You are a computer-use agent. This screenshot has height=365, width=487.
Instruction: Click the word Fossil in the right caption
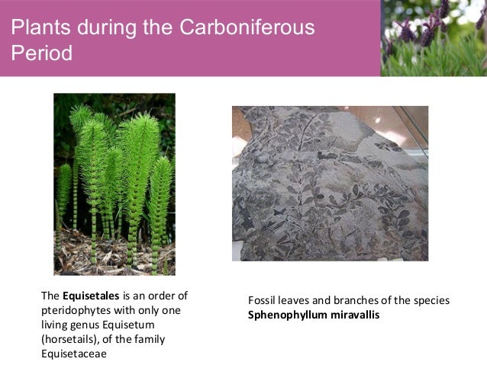[263, 300]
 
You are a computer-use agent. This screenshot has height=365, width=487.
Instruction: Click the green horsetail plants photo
[114, 184]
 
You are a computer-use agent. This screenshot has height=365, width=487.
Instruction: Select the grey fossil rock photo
[330, 183]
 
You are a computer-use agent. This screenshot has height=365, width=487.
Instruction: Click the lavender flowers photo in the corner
[434, 37]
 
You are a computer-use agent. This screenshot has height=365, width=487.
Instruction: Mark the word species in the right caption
[431, 300]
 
